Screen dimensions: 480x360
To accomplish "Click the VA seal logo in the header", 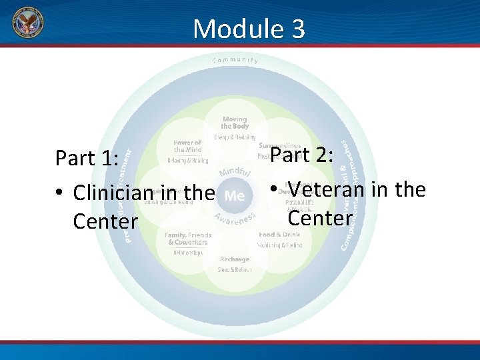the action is point(27,24).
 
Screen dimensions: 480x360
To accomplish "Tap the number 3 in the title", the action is point(297,29).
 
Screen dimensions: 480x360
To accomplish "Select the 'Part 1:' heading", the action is point(87,159).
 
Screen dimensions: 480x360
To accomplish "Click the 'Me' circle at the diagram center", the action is point(235,196).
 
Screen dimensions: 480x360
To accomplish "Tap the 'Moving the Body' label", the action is point(235,123).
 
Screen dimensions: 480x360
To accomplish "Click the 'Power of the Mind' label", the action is point(187,146).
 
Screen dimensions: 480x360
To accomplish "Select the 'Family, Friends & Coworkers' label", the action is point(188,239).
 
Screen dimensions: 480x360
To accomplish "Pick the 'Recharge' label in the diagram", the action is point(234,259).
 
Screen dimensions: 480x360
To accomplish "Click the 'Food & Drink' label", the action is point(279,235).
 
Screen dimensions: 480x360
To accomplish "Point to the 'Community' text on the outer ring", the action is point(235,60).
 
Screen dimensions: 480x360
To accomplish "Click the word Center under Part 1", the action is point(105,221).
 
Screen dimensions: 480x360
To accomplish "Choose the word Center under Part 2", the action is point(319,217).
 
